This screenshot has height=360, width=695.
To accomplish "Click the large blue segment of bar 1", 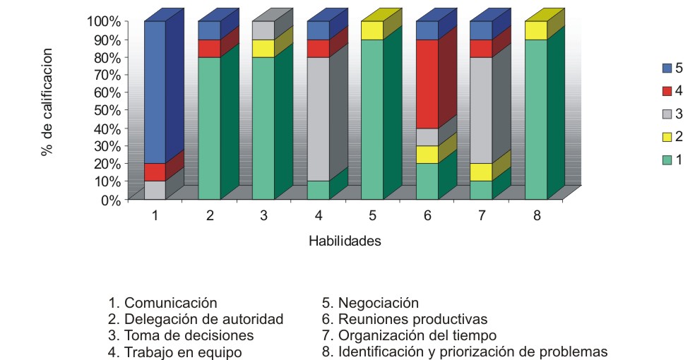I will (x=155, y=92).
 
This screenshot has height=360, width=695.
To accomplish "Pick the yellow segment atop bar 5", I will (x=372, y=30).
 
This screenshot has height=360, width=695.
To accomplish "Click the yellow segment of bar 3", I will (x=263, y=48).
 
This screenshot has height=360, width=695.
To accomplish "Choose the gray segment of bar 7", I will (x=481, y=110).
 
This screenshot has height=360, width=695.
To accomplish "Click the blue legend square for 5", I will (x=665, y=68).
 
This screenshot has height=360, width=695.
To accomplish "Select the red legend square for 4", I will (x=665, y=91).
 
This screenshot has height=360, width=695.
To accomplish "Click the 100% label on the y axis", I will (x=103, y=21).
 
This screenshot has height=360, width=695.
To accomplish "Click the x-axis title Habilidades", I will (x=345, y=241).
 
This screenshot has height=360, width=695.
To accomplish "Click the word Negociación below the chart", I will (x=379, y=303).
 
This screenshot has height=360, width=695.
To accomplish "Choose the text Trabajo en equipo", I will (x=183, y=352).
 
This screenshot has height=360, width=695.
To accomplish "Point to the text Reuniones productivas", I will (x=413, y=319).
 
